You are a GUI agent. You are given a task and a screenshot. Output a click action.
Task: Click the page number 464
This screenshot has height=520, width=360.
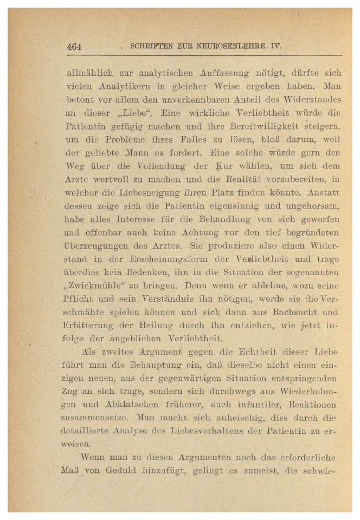74,47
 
